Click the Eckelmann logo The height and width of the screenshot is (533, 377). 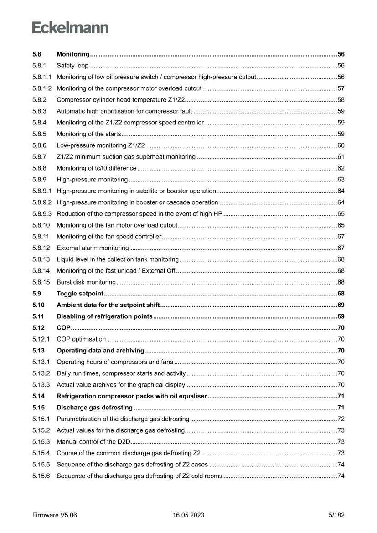[70, 28]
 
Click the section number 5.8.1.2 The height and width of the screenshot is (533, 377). [42, 88]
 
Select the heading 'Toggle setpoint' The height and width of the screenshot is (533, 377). [80, 293]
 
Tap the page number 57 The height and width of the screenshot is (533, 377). [341, 88]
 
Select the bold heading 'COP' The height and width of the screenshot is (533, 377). [63, 327]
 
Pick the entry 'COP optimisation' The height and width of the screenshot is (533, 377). [81, 339]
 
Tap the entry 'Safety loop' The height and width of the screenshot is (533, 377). [72, 65]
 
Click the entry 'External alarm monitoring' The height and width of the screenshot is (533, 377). [93, 248]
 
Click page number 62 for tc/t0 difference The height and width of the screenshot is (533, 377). [341, 168]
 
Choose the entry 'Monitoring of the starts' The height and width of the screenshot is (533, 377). [88, 134]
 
